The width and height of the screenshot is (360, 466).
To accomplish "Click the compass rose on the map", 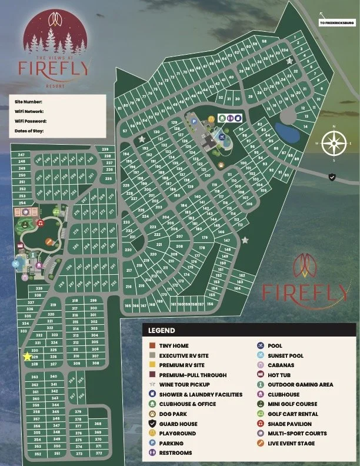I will click(334, 142).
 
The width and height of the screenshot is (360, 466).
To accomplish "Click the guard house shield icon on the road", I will click(332, 177).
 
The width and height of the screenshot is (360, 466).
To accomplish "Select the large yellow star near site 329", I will click(26, 356).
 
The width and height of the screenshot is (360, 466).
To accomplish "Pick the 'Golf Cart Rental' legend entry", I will click(293, 414).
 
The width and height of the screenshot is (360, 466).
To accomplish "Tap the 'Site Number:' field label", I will click(28, 102).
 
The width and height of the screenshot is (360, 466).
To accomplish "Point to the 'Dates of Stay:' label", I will click(29, 131).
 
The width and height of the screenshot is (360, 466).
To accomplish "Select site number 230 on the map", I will click(128, 249).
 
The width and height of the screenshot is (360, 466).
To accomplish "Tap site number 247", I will click(22, 155).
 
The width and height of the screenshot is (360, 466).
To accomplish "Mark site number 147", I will click(226, 241).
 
